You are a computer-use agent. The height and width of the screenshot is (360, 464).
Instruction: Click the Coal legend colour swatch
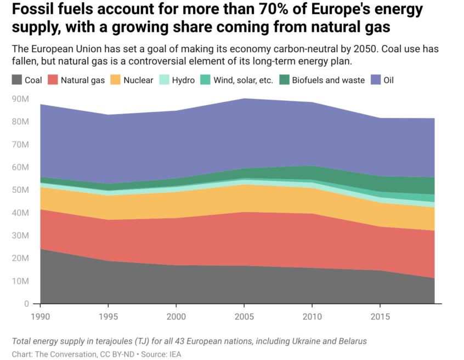coord(16,80)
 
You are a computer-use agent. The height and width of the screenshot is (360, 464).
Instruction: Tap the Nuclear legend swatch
coord(115,80)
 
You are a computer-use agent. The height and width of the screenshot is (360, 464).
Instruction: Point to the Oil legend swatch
coord(376,80)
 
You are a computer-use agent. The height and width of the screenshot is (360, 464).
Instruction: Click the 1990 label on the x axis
coord(40,316)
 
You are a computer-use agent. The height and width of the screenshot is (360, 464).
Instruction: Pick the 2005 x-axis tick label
coord(244,316)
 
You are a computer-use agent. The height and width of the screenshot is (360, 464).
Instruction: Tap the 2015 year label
coord(379,316)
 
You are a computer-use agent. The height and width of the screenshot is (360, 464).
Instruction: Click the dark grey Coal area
coord(165,285)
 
